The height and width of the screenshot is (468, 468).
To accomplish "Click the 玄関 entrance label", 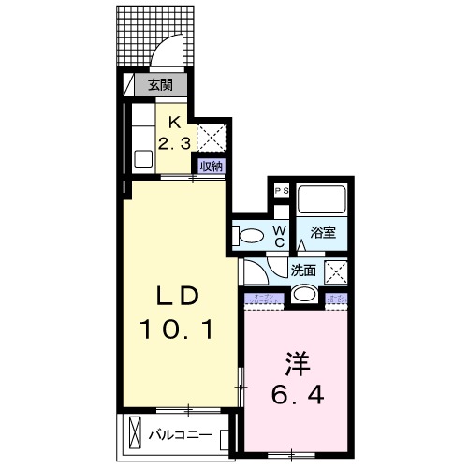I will (160, 85).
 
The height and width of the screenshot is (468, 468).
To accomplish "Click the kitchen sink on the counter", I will (143, 157).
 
